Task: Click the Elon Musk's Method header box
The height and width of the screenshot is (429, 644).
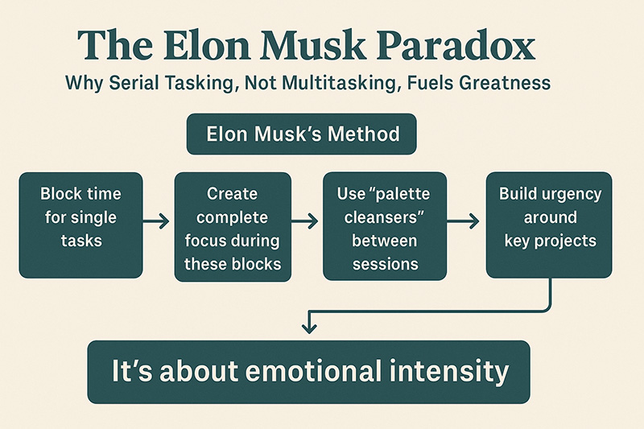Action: pos(301,134)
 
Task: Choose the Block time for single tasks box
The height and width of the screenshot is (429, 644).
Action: pos(81,225)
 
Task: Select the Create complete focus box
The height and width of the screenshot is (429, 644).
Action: pos(233,227)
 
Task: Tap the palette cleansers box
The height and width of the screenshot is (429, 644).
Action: pos(385,226)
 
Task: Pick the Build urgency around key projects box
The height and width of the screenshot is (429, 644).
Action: pos(549,225)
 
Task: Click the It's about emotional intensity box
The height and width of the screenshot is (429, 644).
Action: pos(309,372)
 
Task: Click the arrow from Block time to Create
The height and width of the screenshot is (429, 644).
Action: pos(156,221)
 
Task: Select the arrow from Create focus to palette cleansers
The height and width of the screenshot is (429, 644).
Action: pos(305,221)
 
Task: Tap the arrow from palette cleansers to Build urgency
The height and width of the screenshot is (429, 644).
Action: pos(463,221)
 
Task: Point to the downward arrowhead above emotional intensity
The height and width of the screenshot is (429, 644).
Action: pos(309,328)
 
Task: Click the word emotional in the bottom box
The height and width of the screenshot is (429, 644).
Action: pos(313,371)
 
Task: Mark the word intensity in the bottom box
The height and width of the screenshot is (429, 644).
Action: pos(449,372)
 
